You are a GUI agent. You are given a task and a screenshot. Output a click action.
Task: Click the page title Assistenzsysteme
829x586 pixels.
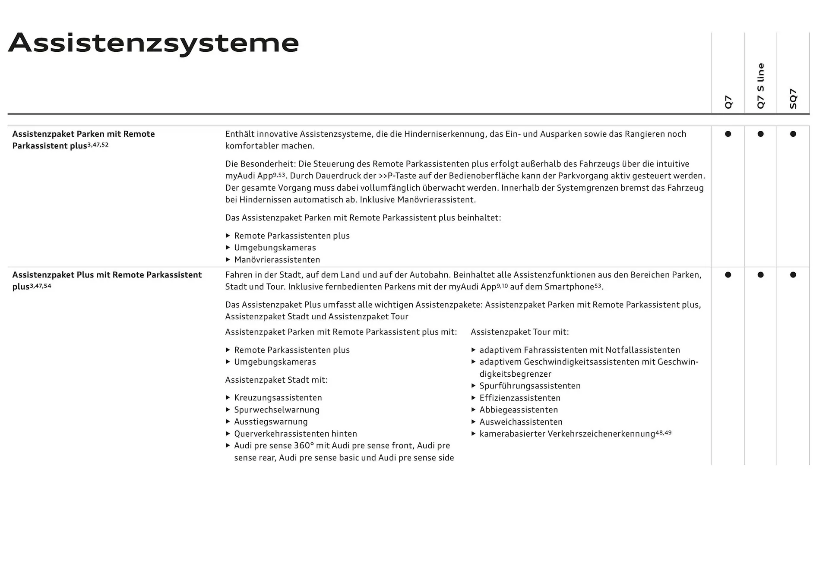153,43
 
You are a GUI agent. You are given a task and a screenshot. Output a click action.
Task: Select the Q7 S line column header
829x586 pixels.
760,86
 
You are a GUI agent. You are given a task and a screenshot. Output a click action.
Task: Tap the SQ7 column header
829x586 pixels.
793,98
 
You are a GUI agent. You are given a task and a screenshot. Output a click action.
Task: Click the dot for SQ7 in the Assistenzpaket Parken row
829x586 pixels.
793,134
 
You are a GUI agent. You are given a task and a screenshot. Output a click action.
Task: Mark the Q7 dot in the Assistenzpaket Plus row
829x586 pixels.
728,275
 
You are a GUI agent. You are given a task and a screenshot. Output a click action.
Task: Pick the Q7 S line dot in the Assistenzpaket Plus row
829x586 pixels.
760,275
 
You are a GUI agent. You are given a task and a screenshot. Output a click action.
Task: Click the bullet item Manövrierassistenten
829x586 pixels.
277,260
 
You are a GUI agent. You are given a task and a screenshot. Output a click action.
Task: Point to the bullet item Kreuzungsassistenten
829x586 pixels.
278,397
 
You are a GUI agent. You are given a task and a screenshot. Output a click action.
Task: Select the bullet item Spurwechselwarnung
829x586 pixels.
276,410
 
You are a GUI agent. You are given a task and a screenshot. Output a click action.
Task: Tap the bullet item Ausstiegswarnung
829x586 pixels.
271,422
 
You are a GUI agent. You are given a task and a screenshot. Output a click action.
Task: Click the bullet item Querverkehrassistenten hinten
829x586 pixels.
295,434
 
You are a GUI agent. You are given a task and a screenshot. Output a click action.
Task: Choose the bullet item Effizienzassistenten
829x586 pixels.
520,398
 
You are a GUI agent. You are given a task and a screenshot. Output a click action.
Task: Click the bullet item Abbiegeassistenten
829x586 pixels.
519,410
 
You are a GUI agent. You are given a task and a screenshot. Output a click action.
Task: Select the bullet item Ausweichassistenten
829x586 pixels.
521,422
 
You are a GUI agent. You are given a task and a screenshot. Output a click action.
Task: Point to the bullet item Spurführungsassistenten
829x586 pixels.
530,386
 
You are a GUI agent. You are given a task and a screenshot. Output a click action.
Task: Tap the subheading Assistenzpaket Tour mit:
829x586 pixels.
520,332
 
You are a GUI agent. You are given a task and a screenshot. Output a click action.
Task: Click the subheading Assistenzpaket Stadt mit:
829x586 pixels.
276,380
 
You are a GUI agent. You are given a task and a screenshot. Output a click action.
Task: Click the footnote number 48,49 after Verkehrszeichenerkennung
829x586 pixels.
664,432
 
